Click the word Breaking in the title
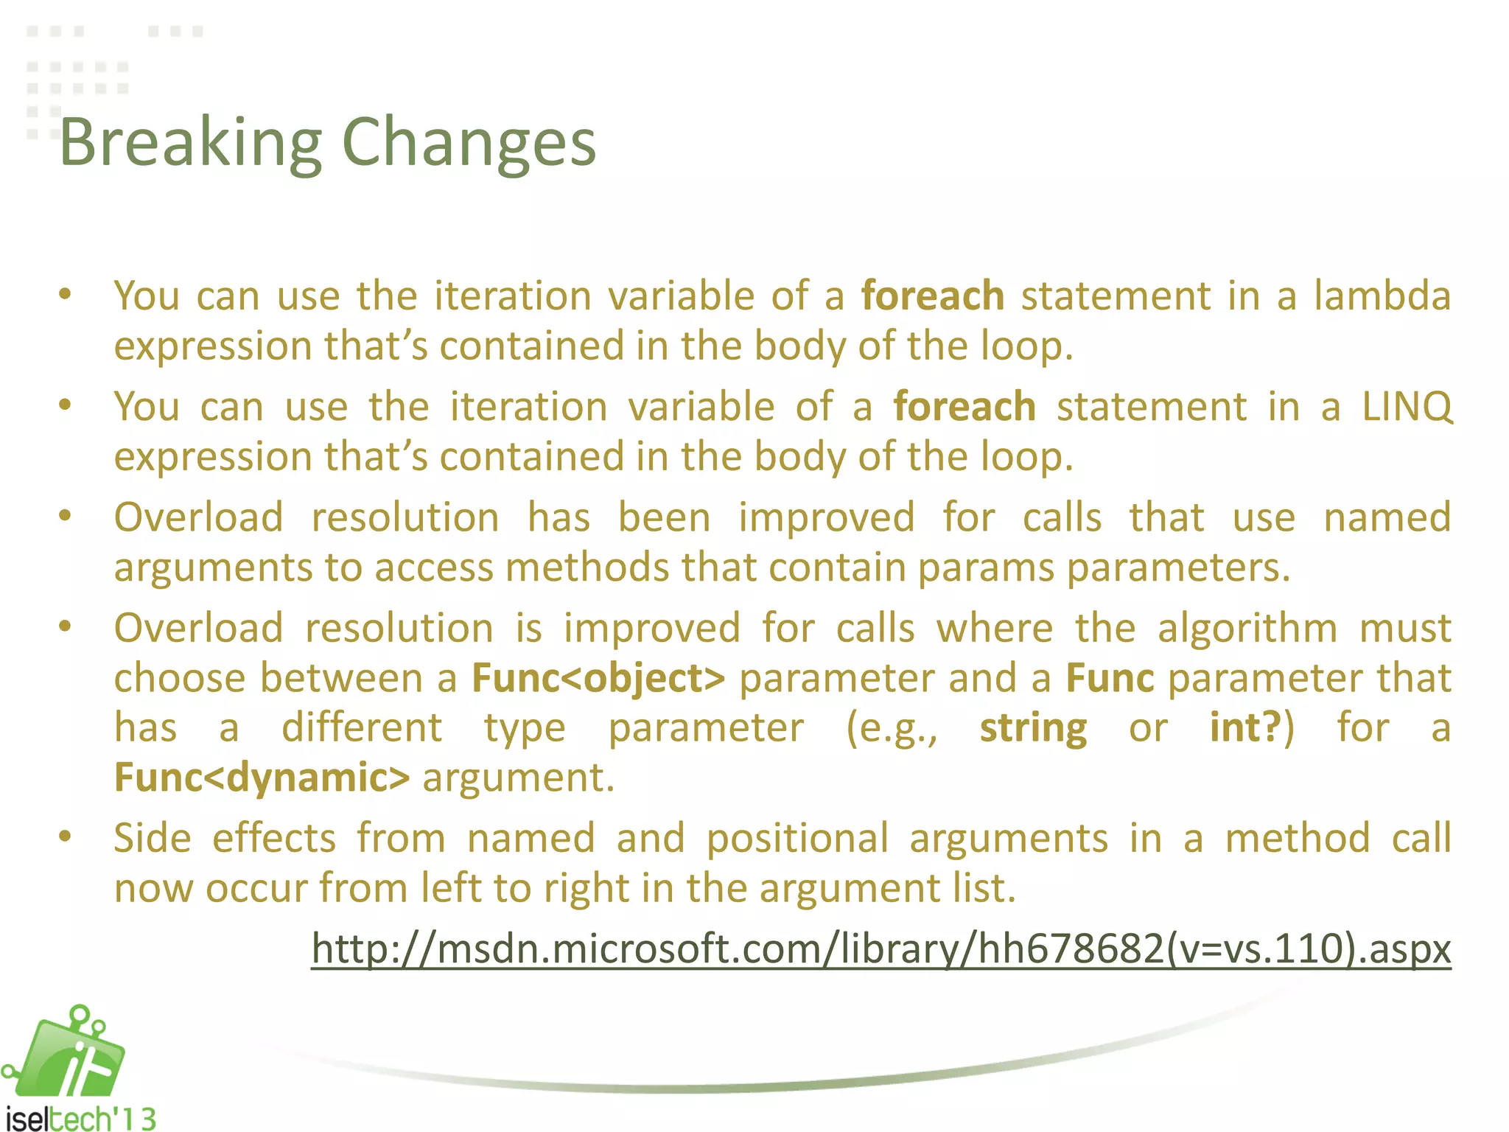[x=190, y=143]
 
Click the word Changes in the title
[x=469, y=143]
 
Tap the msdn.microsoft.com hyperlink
[x=880, y=948]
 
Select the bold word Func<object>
[x=598, y=678]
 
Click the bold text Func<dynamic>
[x=262, y=778]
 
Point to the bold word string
[x=1033, y=728]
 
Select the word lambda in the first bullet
[x=1382, y=296]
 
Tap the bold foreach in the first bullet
[x=933, y=296]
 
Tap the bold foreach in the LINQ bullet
[x=964, y=407]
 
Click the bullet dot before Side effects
[x=66, y=836]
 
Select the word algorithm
[x=1247, y=629]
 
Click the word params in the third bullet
[x=985, y=568]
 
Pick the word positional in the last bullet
[x=797, y=839]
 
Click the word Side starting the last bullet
[x=153, y=839]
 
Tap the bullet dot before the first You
[x=66, y=295]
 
